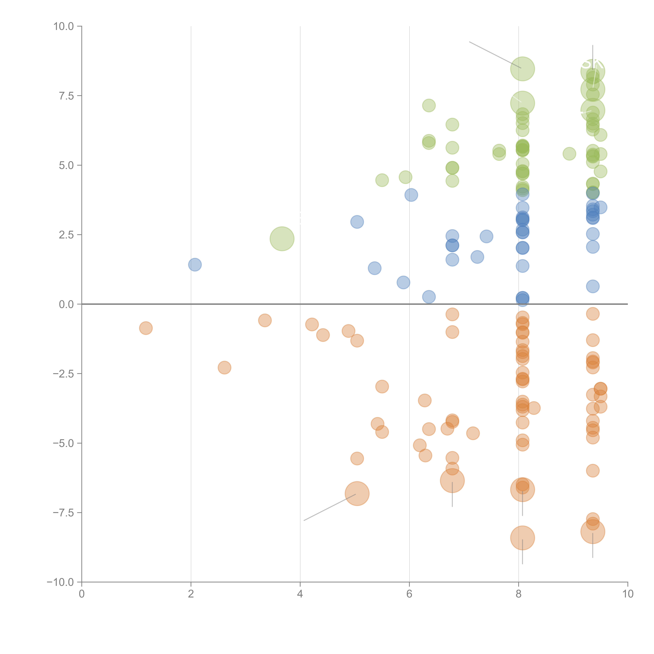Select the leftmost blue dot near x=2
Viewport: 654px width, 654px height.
(195, 264)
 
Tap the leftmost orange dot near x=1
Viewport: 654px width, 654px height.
(146, 328)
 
